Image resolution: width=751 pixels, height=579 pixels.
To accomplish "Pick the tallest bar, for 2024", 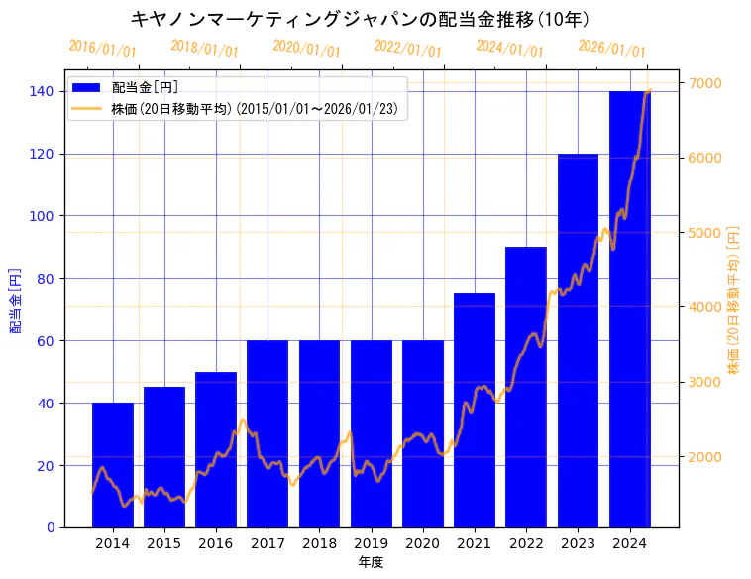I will click(630, 308).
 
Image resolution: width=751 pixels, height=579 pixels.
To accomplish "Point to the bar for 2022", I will click(526, 387).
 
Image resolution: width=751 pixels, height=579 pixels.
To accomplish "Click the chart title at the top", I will click(361, 19).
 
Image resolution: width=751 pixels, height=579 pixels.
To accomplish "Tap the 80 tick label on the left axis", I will click(46, 279).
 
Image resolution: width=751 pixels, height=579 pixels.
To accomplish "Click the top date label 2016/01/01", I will click(102, 49).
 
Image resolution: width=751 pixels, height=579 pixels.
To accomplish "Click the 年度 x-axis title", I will click(371, 562).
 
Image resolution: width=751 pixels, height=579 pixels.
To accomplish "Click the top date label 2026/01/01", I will click(611, 48).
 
